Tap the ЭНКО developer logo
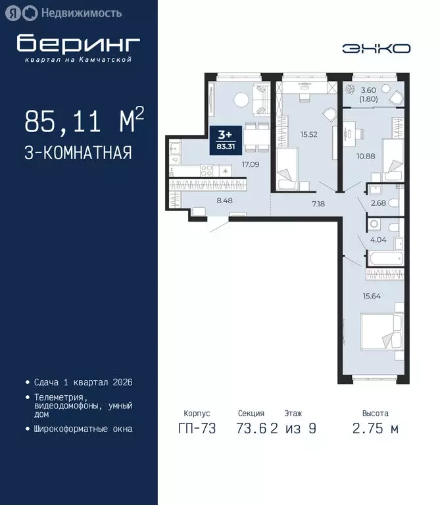[x=377, y=49]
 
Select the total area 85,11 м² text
[x=84, y=122]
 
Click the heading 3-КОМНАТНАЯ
[x=78, y=153]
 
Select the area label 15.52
[x=309, y=135]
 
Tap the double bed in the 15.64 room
[x=381, y=336]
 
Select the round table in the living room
[x=241, y=100]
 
